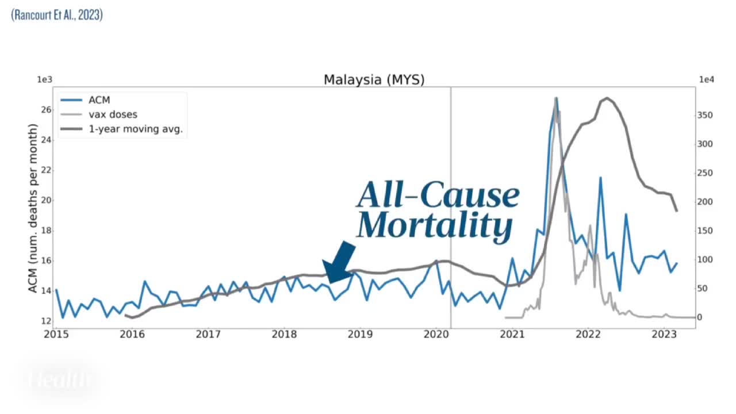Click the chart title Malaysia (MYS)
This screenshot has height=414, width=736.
click(x=374, y=79)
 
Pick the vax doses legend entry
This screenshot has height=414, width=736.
click(x=117, y=114)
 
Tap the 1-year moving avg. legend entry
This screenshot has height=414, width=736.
click(x=139, y=129)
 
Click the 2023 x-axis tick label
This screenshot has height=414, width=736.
click(x=664, y=333)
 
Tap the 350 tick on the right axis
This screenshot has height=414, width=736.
click(x=705, y=116)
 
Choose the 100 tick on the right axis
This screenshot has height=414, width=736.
click(x=705, y=260)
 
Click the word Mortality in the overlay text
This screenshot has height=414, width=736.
click(x=434, y=225)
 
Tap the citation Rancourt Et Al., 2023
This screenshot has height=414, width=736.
click(x=57, y=16)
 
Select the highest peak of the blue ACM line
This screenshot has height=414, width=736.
click(x=556, y=98)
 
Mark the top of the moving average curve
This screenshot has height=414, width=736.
click(x=607, y=98)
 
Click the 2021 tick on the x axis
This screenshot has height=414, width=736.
click(x=512, y=333)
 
